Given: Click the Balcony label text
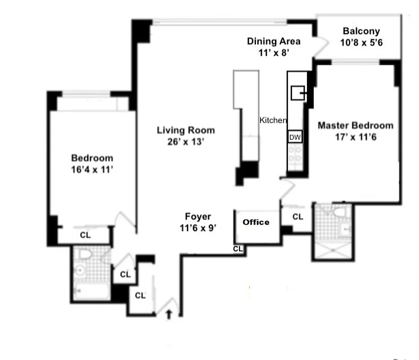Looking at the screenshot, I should point(361,31).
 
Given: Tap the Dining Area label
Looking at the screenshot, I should point(274,41).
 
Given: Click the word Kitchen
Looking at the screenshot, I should point(273,120).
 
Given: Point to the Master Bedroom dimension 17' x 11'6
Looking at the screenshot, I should point(355,137).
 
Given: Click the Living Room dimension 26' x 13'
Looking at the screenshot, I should point(185,142).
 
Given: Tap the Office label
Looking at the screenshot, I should point(256,222).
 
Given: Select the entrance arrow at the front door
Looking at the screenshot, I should point(169,314).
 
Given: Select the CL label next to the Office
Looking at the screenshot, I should point(297,217).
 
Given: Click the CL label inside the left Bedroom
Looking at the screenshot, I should point(86,234).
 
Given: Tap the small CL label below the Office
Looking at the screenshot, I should point(238,248).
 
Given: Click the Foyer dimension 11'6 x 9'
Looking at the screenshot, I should point(198,228).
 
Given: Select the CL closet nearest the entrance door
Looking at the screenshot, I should point(140,296).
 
